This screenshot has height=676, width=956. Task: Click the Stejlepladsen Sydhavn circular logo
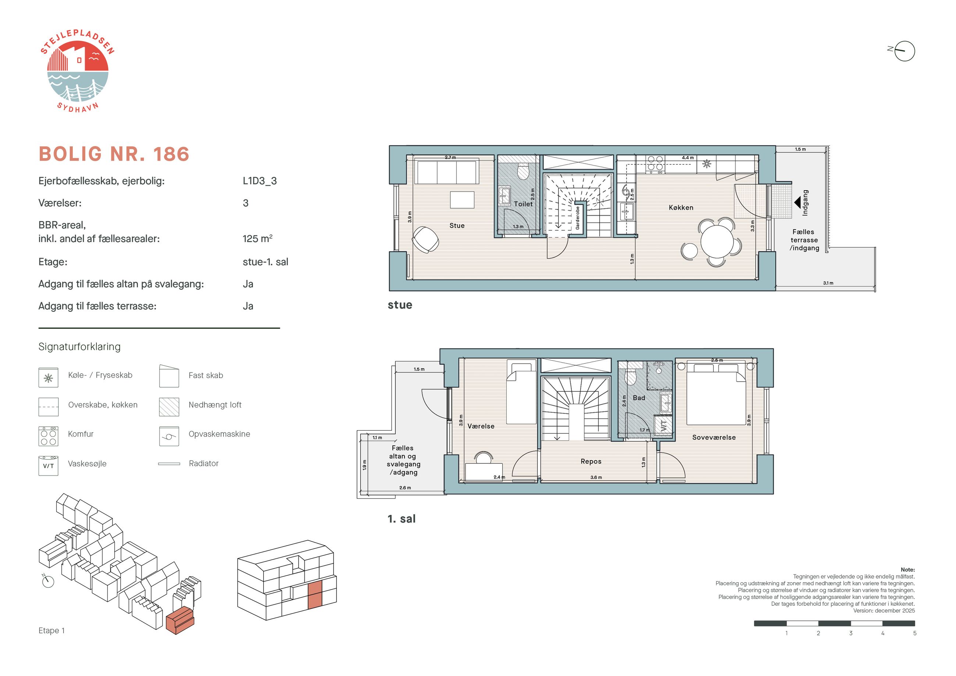(x=78, y=71)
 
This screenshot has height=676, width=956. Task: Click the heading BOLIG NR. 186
(x=114, y=154)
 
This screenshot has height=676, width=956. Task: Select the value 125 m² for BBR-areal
(x=257, y=238)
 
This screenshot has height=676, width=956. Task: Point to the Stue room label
(x=457, y=225)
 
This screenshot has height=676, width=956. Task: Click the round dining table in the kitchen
(x=717, y=242)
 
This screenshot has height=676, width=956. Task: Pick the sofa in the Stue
(x=446, y=172)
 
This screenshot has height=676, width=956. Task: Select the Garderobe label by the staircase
(x=578, y=218)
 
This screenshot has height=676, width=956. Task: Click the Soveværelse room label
(x=714, y=437)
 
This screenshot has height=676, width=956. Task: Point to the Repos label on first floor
(x=591, y=462)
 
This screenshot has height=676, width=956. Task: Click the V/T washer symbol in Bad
(x=664, y=425)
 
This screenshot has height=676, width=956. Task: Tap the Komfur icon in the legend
(x=48, y=436)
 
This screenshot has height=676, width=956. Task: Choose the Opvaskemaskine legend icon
(x=169, y=436)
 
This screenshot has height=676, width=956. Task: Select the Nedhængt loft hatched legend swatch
(x=169, y=407)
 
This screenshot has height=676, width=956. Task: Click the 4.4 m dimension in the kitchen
(x=688, y=158)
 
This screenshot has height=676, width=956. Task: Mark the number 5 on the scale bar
(x=914, y=633)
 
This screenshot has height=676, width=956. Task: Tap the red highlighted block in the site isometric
(x=180, y=620)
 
